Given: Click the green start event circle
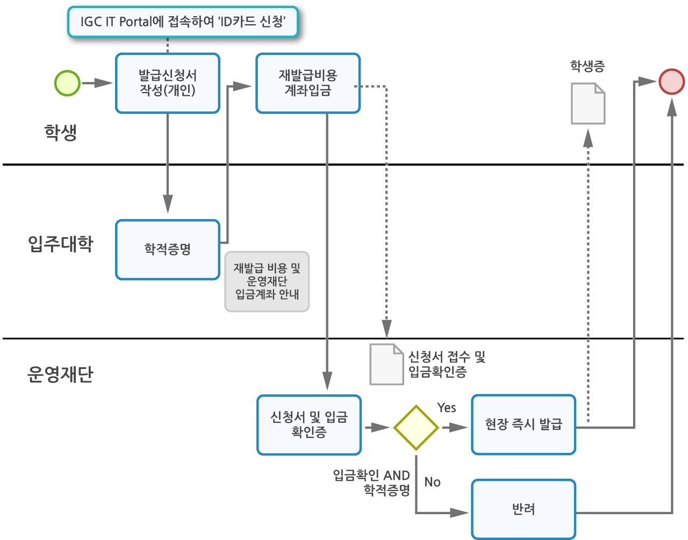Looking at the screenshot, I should click(x=68, y=83).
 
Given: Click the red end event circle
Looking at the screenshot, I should click(x=671, y=82).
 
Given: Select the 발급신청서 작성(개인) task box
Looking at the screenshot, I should click(x=168, y=83).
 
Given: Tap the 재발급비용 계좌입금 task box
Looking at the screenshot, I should click(x=308, y=83).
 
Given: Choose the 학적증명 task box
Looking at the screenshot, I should click(x=168, y=250).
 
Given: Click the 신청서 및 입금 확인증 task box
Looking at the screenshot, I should click(x=309, y=425).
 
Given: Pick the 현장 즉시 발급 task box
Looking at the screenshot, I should click(x=524, y=425).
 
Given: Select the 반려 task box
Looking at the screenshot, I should click(x=524, y=509).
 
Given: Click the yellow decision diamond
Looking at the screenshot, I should click(x=416, y=428).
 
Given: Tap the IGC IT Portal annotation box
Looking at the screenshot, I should click(x=183, y=22).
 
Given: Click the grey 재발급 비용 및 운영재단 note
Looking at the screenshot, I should click(x=267, y=281).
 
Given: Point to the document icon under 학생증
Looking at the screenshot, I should click(x=588, y=103).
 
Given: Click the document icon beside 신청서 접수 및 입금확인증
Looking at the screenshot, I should click(x=386, y=364).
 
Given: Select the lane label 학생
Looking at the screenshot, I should click(x=61, y=132).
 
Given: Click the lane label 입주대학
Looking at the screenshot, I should click(x=61, y=244).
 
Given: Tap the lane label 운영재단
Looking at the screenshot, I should click(x=60, y=374).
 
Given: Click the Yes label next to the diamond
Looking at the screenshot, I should click(x=447, y=408).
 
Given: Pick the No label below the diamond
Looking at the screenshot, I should click(x=432, y=482).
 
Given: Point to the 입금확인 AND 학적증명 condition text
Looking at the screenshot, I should click(x=372, y=482).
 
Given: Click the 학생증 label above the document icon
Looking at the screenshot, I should click(x=587, y=67).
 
